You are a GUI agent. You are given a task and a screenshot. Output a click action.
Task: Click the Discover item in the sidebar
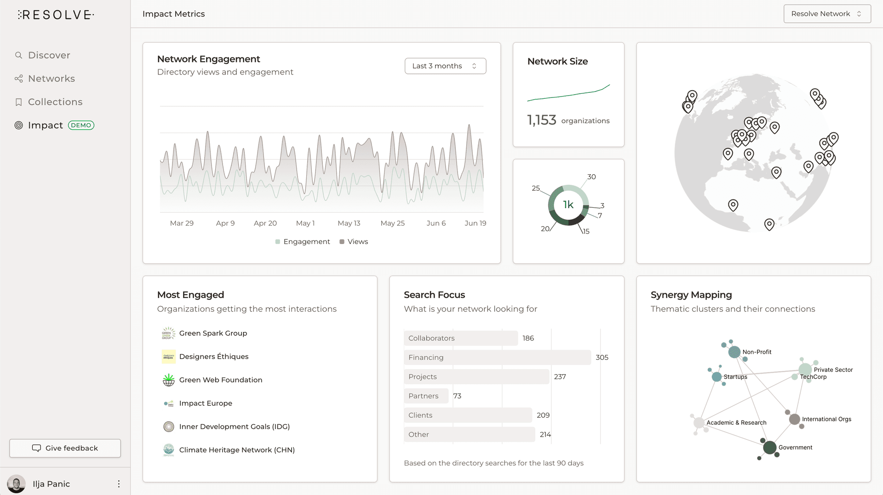[49, 55]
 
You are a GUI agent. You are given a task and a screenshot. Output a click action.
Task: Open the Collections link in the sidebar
[55, 102]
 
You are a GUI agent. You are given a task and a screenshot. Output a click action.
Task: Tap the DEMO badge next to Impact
[81, 125]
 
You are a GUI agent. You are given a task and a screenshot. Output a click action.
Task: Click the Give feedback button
[65, 448]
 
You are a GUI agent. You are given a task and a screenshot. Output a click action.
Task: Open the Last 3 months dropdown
[445, 66]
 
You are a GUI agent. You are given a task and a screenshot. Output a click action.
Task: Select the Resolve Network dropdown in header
[826, 14]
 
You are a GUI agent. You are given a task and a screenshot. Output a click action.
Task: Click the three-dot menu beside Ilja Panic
[119, 484]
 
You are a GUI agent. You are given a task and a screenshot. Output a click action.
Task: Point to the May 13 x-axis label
[349, 223]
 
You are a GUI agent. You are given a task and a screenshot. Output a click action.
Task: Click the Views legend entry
[354, 242]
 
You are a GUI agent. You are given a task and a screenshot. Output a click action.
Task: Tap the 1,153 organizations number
[541, 120]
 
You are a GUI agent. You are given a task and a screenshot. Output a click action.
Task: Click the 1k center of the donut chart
[568, 205]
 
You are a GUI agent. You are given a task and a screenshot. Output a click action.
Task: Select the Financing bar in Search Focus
[497, 358]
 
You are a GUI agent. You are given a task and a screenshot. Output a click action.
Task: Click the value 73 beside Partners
[457, 396]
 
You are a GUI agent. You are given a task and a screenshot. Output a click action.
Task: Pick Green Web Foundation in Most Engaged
[220, 380]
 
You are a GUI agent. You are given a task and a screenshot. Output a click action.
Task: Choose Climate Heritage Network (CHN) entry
[236, 450]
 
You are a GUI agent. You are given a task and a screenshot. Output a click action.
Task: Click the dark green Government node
[769, 447]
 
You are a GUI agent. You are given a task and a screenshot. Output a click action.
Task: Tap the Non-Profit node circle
[734, 353]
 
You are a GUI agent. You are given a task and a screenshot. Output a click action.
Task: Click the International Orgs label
[826, 419]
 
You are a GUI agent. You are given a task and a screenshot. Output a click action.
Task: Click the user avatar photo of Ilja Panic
[17, 484]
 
